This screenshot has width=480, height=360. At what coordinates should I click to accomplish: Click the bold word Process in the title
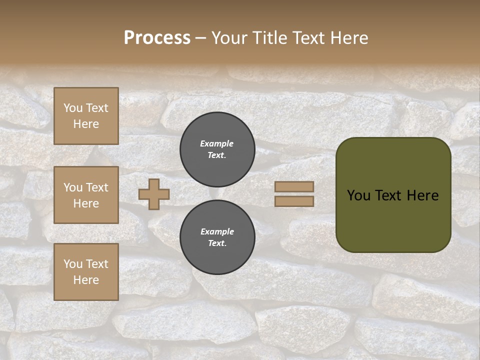tap(157, 38)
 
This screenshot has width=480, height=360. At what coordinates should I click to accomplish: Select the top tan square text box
tap(86, 116)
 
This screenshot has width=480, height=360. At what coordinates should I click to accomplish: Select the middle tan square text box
tap(86, 195)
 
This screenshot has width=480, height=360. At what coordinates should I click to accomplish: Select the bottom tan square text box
tap(86, 272)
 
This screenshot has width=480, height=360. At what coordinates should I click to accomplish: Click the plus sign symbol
tap(154, 194)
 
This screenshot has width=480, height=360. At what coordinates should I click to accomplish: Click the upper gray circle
tap(217, 149)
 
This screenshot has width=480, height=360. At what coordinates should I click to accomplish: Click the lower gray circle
tap(217, 237)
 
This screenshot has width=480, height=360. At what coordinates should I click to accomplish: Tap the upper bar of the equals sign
tap(294, 187)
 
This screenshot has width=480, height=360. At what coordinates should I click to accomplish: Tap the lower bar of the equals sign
tap(294, 201)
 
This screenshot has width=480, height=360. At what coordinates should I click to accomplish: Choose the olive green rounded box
tap(393, 220)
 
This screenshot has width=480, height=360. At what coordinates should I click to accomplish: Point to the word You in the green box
tap(358, 195)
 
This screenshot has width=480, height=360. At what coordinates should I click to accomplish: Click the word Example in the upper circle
tap(217, 143)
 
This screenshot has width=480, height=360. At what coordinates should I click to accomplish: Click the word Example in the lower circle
tap(217, 231)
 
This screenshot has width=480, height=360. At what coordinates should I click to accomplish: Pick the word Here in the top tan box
tap(86, 124)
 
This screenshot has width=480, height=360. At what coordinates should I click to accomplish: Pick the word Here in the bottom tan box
tap(86, 280)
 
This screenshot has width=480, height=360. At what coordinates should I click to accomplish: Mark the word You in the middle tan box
tap(73, 187)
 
